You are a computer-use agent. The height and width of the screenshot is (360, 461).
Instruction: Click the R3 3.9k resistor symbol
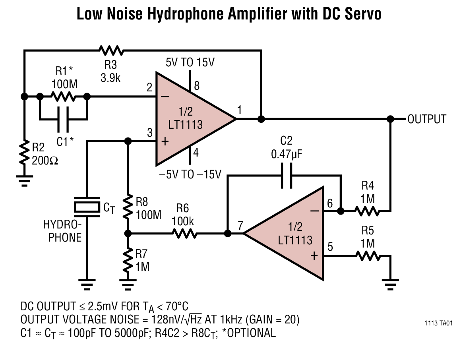pyautogui.click(x=111, y=50)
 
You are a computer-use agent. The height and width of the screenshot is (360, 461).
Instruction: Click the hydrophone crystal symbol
pyautogui.click(x=87, y=207)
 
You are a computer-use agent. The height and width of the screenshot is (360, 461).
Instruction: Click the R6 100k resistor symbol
pyautogui.click(x=184, y=234)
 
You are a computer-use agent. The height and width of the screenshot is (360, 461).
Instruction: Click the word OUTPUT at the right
pyautogui.click(x=427, y=119)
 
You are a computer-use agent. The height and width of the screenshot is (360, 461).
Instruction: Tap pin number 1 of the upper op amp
pyautogui.click(x=240, y=109)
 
